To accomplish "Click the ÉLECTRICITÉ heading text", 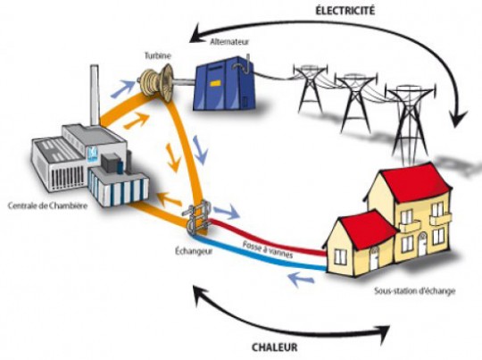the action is (345, 10).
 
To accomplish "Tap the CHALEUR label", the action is (275, 347).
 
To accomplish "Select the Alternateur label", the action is (229, 42).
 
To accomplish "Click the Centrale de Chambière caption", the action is (47, 205).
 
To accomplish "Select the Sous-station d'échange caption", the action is (415, 291).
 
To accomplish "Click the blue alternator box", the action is (223, 83).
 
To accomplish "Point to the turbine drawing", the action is (157, 82).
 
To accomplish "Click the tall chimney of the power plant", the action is (95, 95).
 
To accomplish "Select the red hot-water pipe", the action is (267, 238).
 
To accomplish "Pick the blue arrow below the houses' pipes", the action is (302, 279).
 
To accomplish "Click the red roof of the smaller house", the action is (369, 229).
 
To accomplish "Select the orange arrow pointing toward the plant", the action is (169, 199).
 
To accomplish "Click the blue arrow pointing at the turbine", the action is (123, 88).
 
